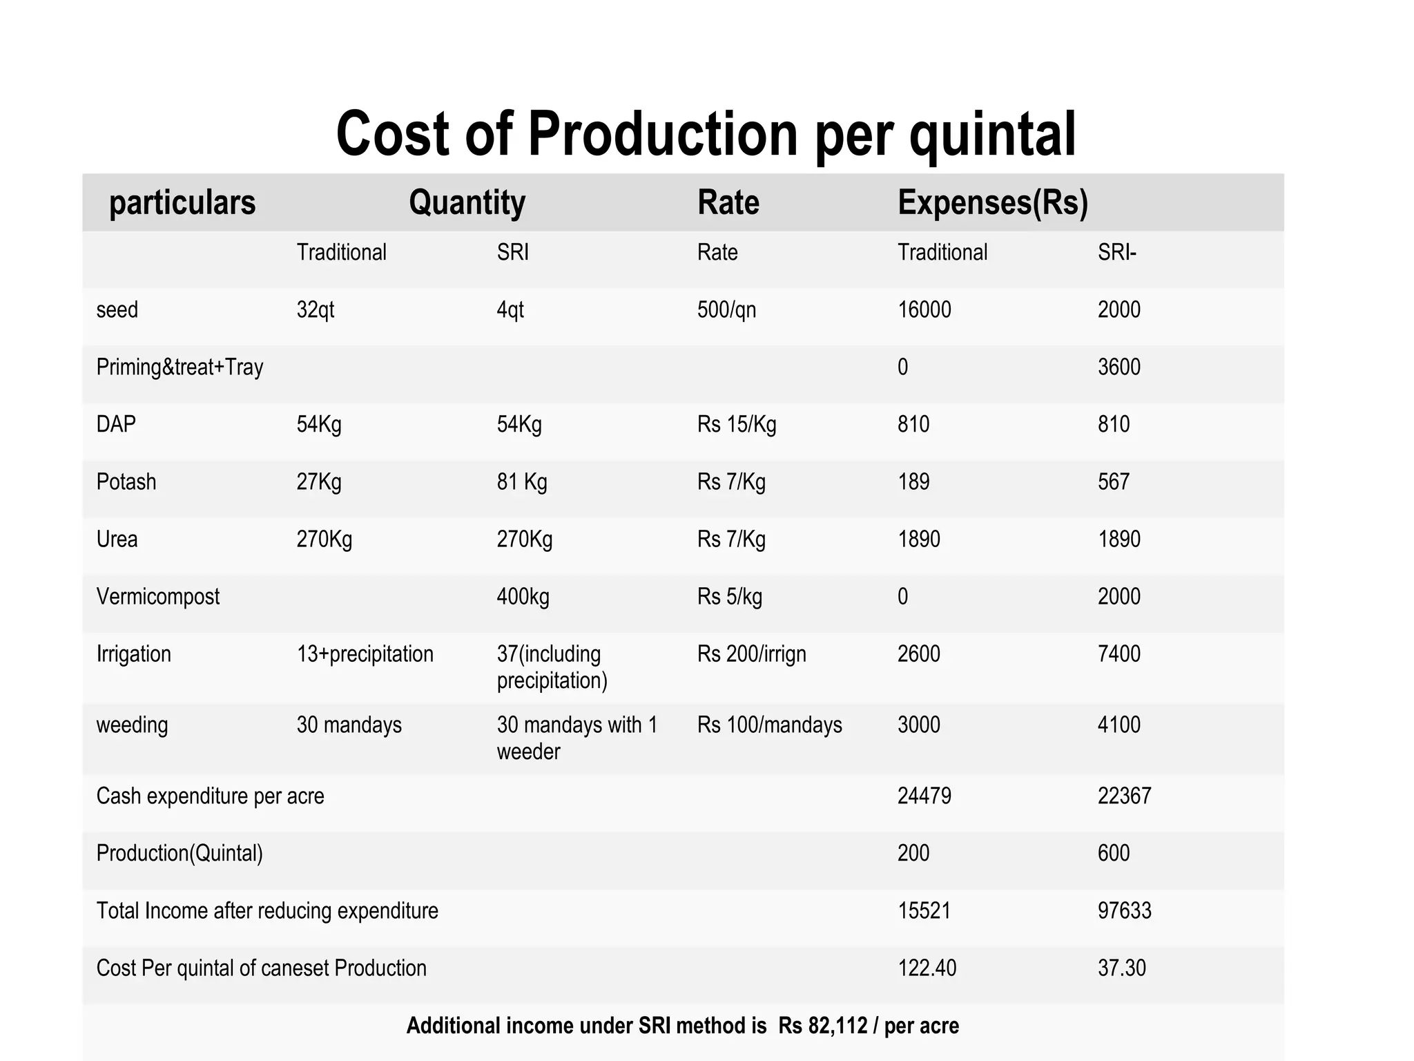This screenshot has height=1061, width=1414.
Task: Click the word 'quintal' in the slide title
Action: (x=992, y=135)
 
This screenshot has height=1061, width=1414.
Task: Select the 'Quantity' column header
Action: (x=467, y=203)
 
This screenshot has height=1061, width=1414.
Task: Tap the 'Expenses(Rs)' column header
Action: (x=992, y=203)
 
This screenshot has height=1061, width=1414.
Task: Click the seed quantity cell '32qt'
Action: (x=316, y=310)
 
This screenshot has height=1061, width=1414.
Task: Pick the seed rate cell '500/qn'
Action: (x=726, y=310)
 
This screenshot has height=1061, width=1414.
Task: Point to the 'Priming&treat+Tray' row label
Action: (x=180, y=367)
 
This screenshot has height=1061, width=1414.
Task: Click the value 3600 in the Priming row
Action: (x=1118, y=367)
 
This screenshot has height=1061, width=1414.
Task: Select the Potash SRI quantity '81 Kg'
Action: (x=521, y=482)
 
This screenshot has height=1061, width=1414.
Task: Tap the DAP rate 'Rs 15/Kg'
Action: (x=736, y=425)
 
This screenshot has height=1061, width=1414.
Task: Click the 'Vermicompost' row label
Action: (x=157, y=597)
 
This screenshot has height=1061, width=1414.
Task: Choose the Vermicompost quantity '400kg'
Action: (x=523, y=597)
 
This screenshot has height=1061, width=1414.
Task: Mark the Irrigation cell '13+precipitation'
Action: (x=365, y=654)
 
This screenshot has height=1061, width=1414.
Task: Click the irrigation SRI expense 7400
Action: (x=1118, y=654)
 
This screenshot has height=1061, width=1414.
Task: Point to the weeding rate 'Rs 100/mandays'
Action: (x=769, y=725)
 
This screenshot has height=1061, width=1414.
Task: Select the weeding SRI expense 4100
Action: (x=1118, y=725)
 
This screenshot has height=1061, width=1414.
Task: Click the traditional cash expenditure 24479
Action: (x=924, y=796)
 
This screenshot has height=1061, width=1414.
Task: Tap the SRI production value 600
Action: (x=1113, y=854)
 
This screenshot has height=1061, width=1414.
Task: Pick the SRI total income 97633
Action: (x=1124, y=911)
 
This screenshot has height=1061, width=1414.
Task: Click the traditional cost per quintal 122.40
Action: (x=927, y=968)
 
